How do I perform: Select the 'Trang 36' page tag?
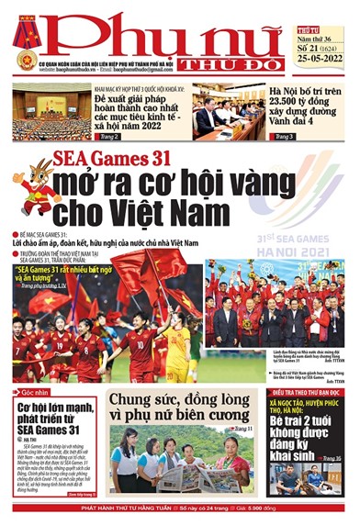[x=331, y=458]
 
